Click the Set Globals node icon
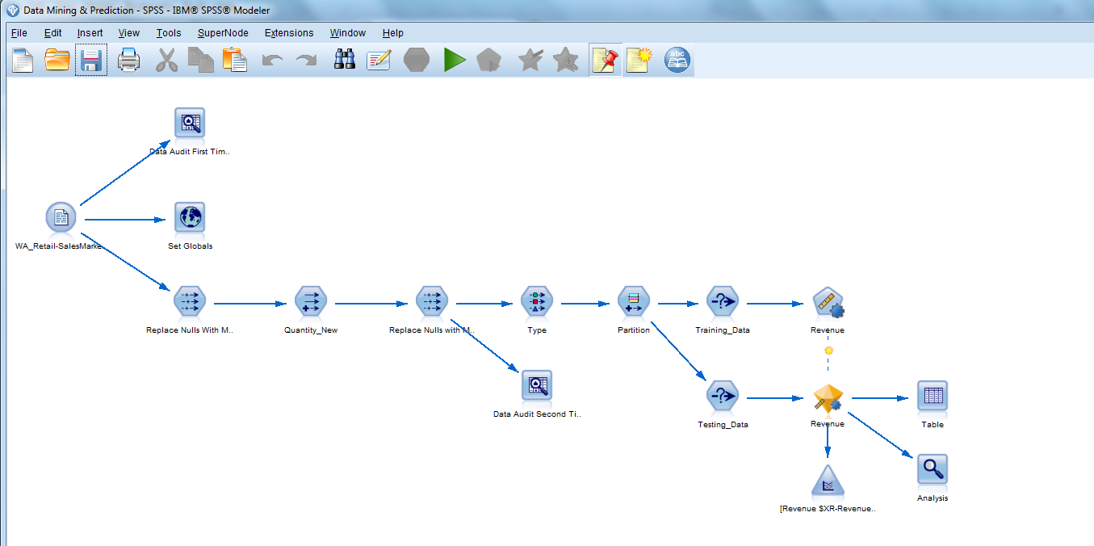pyautogui.click(x=190, y=218)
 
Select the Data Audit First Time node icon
pyautogui.click(x=190, y=123)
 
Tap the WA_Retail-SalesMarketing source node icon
pyautogui.click(x=61, y=217)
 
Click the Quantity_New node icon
pyautogui.click(x=310, y=302)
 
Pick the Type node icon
pyautogui.click(x=537, y=302)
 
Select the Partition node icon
pyautogui.click(x=634, y=302)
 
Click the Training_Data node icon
pyautogui.click(x=722, y=302)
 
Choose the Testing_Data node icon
pyautogui.click(x=722, y=397)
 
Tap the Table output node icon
pyautogui.click(x=933, y=396)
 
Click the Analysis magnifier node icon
pyautogui.click(x=933, y=469)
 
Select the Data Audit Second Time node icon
pyautogui.click(x=536, y=385)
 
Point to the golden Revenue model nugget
pyautogui.click(x=828, y=397)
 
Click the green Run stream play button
pyautogui.click(x=455, y=61)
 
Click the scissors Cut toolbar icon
pyautogui.click(x=166, y=61)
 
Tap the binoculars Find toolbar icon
pyautogui.click(x=345, y=61)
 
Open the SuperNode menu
pyautogui.click(x=223, y=33)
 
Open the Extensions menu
pyautogui.click(x=289, y=33)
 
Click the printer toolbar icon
pyautogui.click(x=129, y=61)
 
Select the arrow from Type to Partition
pyautogui.click(x=585, y=304)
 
